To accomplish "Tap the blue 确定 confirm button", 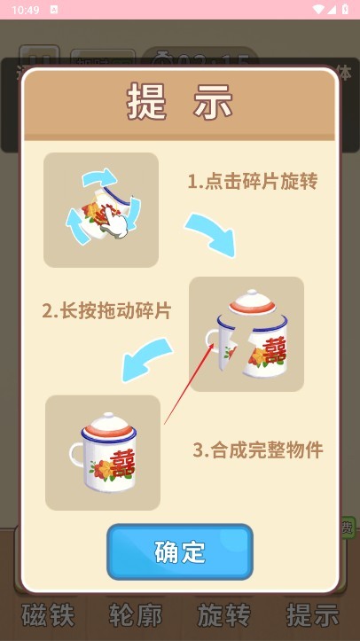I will [180, 551].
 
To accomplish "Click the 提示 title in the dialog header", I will [180, 102].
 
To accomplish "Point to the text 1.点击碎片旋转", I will [252, 182].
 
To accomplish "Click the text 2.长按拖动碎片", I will [106, 311].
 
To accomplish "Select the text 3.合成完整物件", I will [258, 449].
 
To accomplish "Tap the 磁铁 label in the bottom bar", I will [47, 614].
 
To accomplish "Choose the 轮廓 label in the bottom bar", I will [135, 614].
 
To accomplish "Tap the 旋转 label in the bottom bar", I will [223, 614].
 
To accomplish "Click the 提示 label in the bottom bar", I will [312, 614].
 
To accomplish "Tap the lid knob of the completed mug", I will [105, 416].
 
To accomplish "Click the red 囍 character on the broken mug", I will [272, 348].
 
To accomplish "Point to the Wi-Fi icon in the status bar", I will [317, 9].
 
